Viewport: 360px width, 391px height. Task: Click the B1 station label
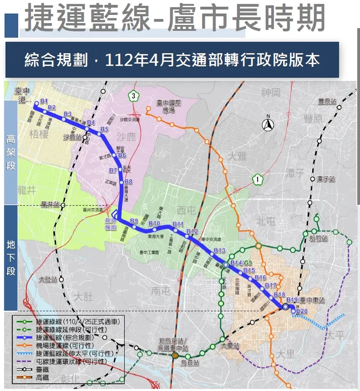[45, 100]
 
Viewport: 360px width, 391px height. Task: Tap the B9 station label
[134, 220]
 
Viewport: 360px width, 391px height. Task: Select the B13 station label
[220, 251]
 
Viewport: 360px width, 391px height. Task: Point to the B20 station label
[302, 311]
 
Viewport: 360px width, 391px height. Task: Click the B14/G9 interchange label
[241, 263]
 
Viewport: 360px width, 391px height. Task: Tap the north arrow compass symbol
[268, 124]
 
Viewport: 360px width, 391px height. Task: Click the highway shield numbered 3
[132, 96]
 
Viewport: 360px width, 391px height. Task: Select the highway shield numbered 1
[258, 180]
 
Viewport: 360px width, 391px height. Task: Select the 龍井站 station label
[50, 204]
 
